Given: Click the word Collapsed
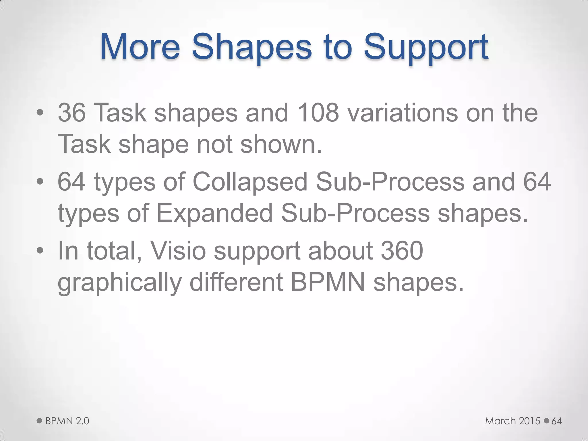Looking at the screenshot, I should click(x=250, y=182).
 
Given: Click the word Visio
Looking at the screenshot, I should click(x=178, y=251).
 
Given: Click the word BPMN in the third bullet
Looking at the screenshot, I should click(x=328, y=282).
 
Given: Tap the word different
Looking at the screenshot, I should click(x=236, y=282).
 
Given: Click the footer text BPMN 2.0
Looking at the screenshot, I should click(x=67, y=421).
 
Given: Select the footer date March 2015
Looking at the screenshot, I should click(x=512, y=421).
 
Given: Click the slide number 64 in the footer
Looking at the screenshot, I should click(x=557, y=421).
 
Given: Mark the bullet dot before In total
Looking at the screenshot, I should click(x=40, y=251).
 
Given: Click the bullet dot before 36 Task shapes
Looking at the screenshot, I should click(x=40, y=113).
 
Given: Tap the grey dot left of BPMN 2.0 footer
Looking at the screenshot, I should click(x=40, y=421).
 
